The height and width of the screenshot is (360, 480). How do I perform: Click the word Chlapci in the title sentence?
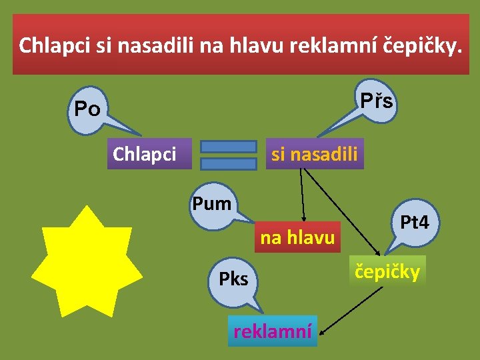[x=56, y=45]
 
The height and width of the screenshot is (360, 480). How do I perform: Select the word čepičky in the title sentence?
[x=420, y=45]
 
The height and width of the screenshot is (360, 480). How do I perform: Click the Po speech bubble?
[x=87, y=109]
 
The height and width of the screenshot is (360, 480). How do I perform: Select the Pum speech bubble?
[x=211, y=203]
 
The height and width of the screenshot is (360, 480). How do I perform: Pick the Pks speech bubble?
[x=233, y=279]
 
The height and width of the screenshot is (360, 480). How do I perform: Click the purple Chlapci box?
[x=145, y=154]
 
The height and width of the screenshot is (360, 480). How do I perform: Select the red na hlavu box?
[x=297, y=237]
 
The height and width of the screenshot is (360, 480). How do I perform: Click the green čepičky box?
[x=387, y=271]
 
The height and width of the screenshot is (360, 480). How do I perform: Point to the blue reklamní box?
[x=272, y=331]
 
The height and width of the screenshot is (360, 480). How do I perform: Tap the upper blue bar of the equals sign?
[x=228, y=147]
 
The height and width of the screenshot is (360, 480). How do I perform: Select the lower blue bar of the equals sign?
[x=228, y=163]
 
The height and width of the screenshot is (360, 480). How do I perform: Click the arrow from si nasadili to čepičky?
[x=343, y=212]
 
